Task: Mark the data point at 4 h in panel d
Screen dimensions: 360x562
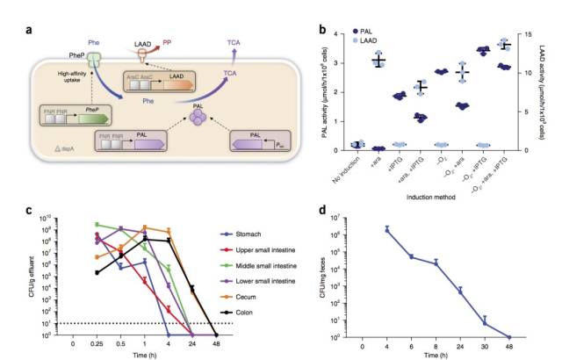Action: click(363, 229)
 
